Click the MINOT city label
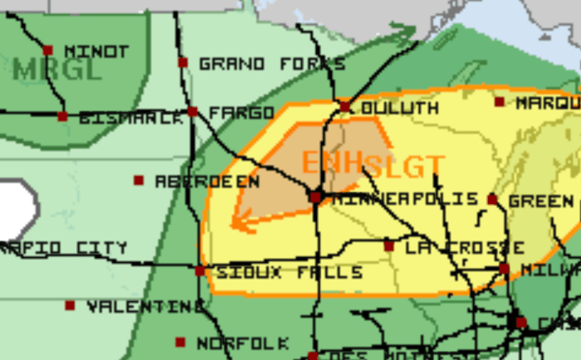[x=95, y=51]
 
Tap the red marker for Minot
[x=48, y=51]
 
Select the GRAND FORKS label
[x=272, y=63]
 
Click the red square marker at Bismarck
[x=62, y=116]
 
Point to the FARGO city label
[x=241, y=113]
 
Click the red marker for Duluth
[x=345, y=106]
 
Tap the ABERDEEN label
[x=207, y=181]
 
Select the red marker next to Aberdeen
[x=139, y=180]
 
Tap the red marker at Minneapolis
[x=315, y=197]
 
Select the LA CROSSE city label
[x=464, y=247]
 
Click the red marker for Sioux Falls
[x=200, y=270]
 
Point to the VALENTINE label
[x=145, y=307]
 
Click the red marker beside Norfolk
[x=180, y=342]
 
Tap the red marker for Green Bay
[x=492, y=200]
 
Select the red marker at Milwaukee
[x=504, y=269]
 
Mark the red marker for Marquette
[x=499, y=102]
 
